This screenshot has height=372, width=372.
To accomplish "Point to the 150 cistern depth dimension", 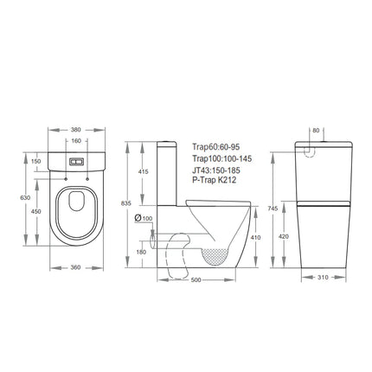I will click(x=36, y=160).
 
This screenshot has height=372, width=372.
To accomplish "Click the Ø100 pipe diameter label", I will click(x=144, y=217).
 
